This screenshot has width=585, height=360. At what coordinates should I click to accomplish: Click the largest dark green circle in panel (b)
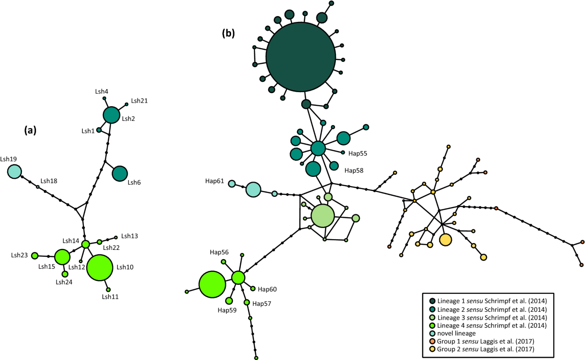tap(300, 57)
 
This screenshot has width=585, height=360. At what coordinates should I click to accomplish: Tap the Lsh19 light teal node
tap(15, 171)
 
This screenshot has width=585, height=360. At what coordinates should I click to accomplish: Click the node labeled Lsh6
tap(119, 173)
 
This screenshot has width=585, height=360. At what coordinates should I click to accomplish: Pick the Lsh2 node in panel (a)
tap(111, 115)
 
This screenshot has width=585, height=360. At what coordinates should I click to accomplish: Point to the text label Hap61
tap(214, 181)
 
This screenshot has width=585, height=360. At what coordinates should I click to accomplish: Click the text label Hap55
tap(358, 153)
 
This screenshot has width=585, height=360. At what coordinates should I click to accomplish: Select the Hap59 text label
tap(227, 310)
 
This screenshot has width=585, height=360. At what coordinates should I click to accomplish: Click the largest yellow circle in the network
tap(445, 240)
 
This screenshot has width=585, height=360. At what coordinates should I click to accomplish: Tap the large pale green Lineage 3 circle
tap(322, 216)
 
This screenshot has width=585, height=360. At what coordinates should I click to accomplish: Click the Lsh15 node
tap(62, 256)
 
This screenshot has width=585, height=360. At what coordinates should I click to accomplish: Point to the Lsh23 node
tap(35, 256)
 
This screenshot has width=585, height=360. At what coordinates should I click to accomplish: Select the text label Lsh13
tap(129, 236)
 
